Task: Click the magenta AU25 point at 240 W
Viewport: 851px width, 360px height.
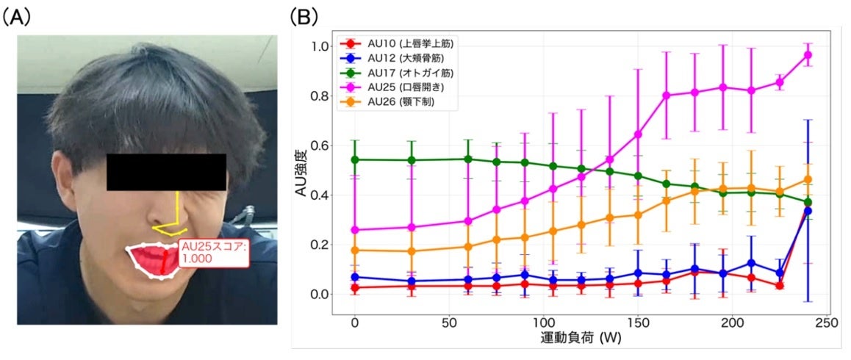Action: pyautogui.click(x=808, y=55)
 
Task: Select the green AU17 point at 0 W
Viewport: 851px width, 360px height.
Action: pyautogui.click(x=355, y=159)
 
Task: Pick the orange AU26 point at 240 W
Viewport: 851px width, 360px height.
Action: pyautogui.click(x=808, y=179)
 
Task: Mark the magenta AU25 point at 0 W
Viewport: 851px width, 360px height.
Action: pyautogui.click(x=355, y=230)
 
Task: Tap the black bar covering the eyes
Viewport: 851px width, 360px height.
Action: pyautogui.click(x=166, y=172)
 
